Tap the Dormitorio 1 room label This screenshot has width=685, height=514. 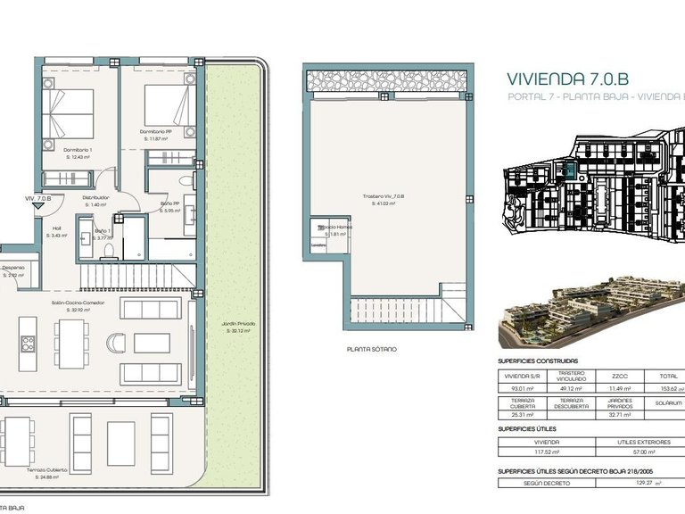click(x=78, y=150)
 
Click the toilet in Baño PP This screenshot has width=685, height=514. click(x=184, y=182)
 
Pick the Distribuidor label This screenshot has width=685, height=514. click(x=95, y=198)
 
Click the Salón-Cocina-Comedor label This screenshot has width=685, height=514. click(x=78, y=303)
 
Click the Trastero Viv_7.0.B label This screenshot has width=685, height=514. click(x=384, y=196)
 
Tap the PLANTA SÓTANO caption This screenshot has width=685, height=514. click(x=372, y=349)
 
